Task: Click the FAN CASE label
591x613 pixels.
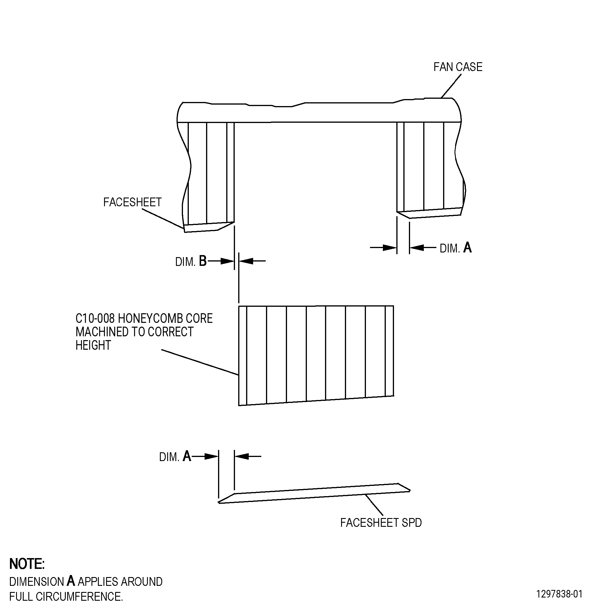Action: click(458, 67)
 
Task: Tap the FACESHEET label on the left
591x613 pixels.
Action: click(132, 202)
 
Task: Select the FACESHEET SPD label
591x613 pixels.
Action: click(381, 523)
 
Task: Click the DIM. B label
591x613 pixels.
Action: click(191, 261)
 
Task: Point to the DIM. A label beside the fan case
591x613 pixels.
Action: click(456, 248)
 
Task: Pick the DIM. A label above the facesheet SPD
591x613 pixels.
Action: click(175, 456)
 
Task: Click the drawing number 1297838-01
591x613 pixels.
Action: click(559, 594)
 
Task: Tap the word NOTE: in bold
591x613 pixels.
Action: click(27, 564)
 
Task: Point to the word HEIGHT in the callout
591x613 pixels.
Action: click(93, 345)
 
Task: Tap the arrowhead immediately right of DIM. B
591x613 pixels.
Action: click(227, 261)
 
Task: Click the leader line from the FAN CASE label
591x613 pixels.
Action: click(451, 86)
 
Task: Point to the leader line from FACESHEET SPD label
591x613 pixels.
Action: click(374, 505)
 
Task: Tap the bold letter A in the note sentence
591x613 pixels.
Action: click(71, 581)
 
